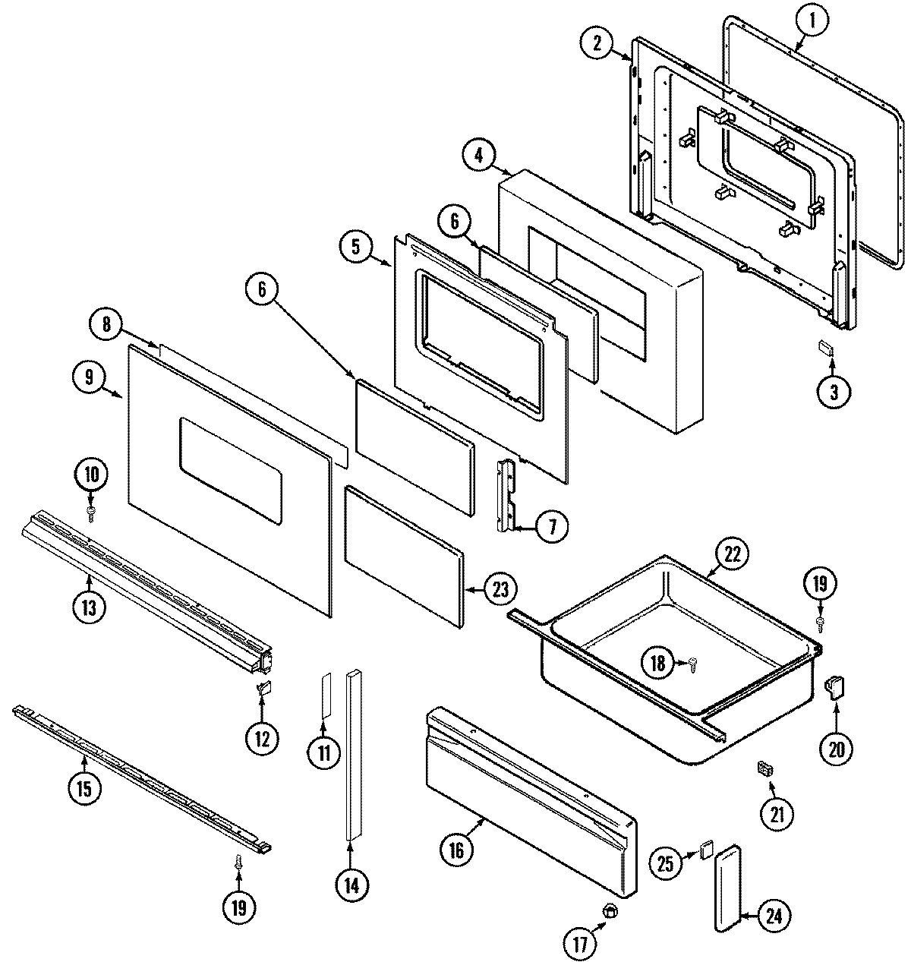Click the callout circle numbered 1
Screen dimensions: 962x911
(x=811, y=22)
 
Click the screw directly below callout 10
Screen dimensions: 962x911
(x=91, y=515)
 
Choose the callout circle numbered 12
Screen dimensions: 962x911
(x=261, y=737)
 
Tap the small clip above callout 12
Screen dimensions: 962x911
(x=263, y=688)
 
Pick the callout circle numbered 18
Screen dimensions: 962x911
(x=657, y=663)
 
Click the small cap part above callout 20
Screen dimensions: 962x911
(x=834, y=688)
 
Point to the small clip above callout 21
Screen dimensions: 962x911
(x=764, y=769)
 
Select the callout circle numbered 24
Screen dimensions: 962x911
(x=772, y=916)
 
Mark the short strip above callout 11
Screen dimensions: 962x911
(x=325, y=694)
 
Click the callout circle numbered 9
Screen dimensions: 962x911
(x=90, y=377)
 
